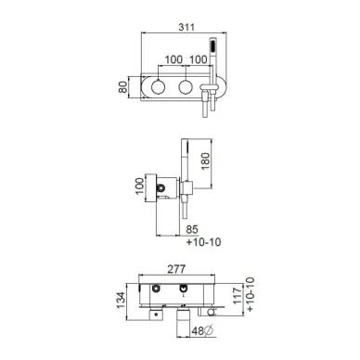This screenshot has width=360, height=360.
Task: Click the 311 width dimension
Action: pos(186,27)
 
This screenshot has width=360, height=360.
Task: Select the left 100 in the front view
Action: pos(174,59)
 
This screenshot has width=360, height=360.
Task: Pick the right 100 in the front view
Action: pos(198,59)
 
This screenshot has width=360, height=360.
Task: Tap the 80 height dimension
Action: pos(122,87)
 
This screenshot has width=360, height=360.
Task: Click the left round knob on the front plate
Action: pos(158,87)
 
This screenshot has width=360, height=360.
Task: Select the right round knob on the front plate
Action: pos(186,87)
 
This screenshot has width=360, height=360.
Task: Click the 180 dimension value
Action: pos(205,161)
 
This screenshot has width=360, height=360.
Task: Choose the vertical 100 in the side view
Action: pos(140,186)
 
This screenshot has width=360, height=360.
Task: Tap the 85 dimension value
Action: pos(192,229)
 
